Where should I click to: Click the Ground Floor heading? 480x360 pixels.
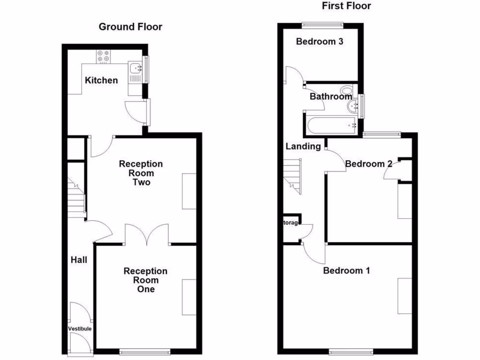(130, 27)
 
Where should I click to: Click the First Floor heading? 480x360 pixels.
(346, 6)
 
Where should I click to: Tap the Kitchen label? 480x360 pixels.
(101, 80)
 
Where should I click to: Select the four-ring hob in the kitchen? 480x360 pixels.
(104, 57)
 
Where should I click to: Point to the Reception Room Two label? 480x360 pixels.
(141, 173)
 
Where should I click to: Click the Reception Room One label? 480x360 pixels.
(145, 280)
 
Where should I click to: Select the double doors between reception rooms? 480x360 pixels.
(147, 235)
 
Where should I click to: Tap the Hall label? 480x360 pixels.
(79, 259)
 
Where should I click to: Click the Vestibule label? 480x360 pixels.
(80, 329)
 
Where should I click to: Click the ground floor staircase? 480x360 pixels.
(77, 196)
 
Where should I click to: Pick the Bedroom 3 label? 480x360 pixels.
(320, 41)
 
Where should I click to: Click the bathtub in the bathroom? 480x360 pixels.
(330, 125)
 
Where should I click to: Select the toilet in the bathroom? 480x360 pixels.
(347, 90)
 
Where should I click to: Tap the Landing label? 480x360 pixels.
(303, 146)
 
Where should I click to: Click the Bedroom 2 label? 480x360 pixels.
(368, 164)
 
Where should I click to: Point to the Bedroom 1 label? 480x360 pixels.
(346, 270)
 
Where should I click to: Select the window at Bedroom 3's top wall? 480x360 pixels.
(322, 25)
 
